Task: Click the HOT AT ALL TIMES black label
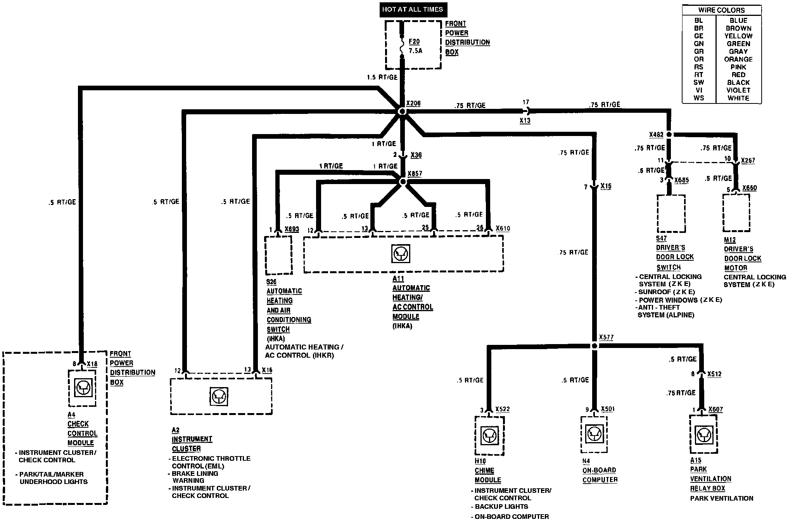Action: click(412, 10)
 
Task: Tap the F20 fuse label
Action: click(414, 41)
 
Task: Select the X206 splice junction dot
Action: click(402, 111)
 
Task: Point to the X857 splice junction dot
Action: click(403, 182)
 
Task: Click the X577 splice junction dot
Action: click(594, 346)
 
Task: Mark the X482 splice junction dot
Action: click(669, 134)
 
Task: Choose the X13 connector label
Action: click(525, 121)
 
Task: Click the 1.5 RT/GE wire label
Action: click(382, 77)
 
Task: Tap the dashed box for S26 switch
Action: click(278, 255)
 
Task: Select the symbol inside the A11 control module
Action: click(401, 254)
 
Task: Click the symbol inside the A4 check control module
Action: click(82, 387)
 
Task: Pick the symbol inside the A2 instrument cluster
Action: click(219, 397)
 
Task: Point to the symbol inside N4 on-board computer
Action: click(594, 434)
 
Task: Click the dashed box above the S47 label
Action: click(670, 214)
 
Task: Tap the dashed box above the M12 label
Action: click(736, 213)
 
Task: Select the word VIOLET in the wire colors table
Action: click(738, 90)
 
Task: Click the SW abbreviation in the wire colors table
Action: click(698, 83)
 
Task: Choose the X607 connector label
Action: click(715, 409)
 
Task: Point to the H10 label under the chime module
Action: click(480, 461)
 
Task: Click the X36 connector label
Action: click(416, 155)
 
